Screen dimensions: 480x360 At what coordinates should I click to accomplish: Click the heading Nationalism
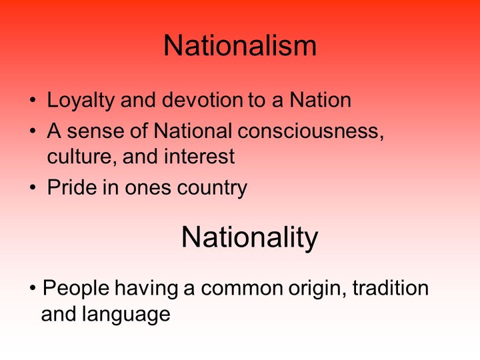coord(240,45)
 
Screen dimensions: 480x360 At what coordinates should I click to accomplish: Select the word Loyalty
coord(80,101)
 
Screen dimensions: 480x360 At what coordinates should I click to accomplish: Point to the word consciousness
coord(311,131)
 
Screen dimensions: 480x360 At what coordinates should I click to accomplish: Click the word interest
coord(199,157)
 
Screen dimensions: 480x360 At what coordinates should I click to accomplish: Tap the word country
coord(212,188)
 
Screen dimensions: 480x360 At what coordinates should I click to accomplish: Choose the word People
coord(76,289)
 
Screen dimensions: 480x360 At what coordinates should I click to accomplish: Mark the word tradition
coord(391,288)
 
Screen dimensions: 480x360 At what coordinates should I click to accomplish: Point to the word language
coord(126,315)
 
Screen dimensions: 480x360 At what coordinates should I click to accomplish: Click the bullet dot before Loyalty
coord(33,100)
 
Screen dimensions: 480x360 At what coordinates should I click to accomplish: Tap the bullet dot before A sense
coord(33,131)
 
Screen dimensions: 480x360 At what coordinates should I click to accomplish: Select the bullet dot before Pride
coord(33,187)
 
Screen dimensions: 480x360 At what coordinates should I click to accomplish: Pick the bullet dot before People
coord(33,288)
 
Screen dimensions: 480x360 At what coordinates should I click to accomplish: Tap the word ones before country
coord(148,188)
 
